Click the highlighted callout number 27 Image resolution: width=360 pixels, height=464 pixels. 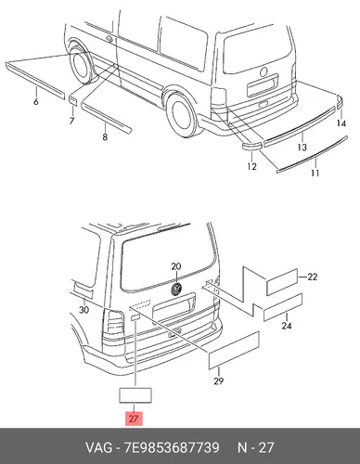134,419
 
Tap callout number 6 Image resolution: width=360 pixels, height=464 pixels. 36,101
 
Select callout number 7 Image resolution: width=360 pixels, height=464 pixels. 71,121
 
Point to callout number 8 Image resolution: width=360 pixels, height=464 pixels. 105,136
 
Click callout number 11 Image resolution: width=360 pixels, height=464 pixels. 315,173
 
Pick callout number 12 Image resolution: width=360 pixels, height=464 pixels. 251,166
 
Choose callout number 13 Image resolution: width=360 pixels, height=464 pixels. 302,147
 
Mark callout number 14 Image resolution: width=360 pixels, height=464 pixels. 341,123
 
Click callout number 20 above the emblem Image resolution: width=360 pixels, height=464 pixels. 176,266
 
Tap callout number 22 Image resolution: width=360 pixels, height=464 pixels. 312,277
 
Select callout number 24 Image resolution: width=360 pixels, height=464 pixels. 287,326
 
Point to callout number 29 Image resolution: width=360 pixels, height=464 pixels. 218,380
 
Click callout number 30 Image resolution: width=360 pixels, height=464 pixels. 84,309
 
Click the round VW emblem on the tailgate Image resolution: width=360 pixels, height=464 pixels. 176,289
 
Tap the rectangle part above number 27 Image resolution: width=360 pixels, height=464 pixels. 135,395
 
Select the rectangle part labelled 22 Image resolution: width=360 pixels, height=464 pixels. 282,281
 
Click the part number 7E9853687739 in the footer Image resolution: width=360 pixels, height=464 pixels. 172,447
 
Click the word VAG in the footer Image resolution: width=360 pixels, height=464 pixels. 98,447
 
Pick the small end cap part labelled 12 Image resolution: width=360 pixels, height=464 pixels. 251,147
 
